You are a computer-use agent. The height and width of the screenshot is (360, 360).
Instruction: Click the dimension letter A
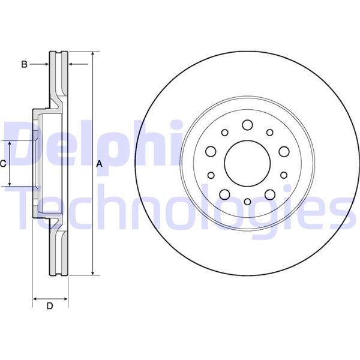(100, 164)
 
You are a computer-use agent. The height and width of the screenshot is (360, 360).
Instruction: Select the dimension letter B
(25, 64)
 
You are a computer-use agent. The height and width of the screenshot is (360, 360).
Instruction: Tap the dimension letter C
(3, 163)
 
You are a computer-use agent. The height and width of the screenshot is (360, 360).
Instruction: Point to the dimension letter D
(50, 307)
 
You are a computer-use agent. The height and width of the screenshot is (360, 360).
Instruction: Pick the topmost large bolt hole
(247, 125)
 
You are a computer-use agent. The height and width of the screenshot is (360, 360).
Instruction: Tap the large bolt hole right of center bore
(283, 152)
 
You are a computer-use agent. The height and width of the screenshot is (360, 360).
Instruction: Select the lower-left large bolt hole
(225, 194)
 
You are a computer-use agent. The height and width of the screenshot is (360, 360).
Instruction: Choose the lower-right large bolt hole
(269, 194)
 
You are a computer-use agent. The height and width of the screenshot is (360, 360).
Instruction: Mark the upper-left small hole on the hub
(224, 133)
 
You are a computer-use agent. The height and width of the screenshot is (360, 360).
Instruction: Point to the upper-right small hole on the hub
(269, 133)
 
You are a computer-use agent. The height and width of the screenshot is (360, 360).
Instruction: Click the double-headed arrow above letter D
(50, 298)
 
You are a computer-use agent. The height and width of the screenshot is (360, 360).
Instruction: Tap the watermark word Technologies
(180, 207)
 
